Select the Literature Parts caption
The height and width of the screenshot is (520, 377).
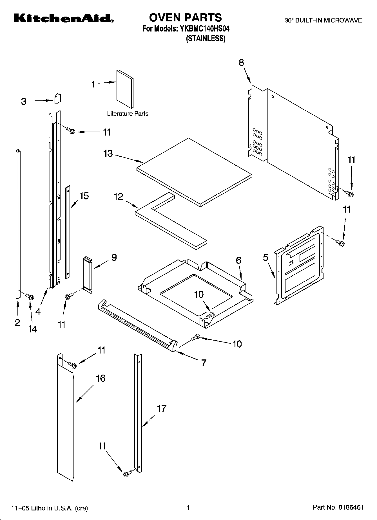pos(128,114)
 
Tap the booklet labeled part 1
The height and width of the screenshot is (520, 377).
pos(125,89)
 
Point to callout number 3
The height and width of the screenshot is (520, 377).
pos(24,101)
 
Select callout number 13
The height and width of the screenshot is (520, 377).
pos(108,154)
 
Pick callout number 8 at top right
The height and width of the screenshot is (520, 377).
pos(241,62)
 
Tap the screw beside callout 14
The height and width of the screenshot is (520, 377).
pos(29,296)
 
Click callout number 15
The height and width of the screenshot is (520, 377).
pos(84,196)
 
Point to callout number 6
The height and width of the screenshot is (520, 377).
pos(238,260)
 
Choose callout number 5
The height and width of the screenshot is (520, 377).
pos(266,258)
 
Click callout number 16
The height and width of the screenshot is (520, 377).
pos(101,378)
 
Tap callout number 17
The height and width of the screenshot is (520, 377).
pos(162,408)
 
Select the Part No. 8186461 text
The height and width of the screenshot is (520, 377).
pos(338,508)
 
